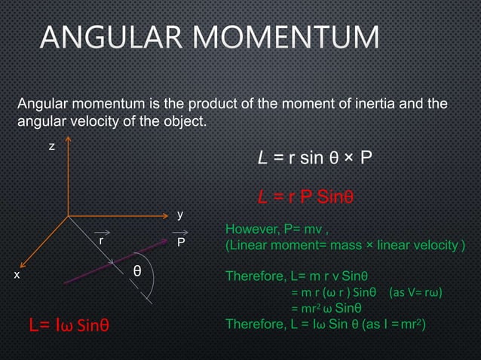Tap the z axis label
click(x=51, y=146)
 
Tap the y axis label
click(x=179, y=214)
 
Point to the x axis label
click(x=17, y=276)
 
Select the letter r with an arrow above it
click(x=100, y=241)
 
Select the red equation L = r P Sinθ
click(x=305, y=197)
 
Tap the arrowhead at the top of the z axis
click(x=69, y=141)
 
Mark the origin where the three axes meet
click(x=69, y=216)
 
